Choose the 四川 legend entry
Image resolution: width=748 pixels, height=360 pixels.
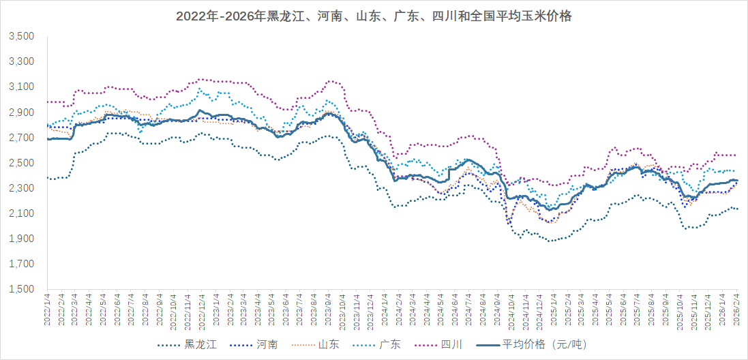tap(453, 344)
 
